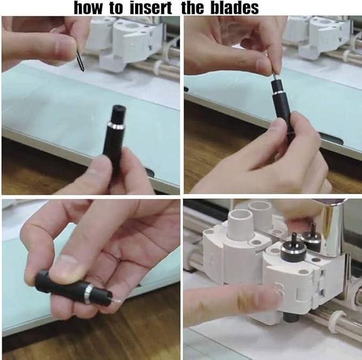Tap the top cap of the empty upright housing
tap(119, 110)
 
